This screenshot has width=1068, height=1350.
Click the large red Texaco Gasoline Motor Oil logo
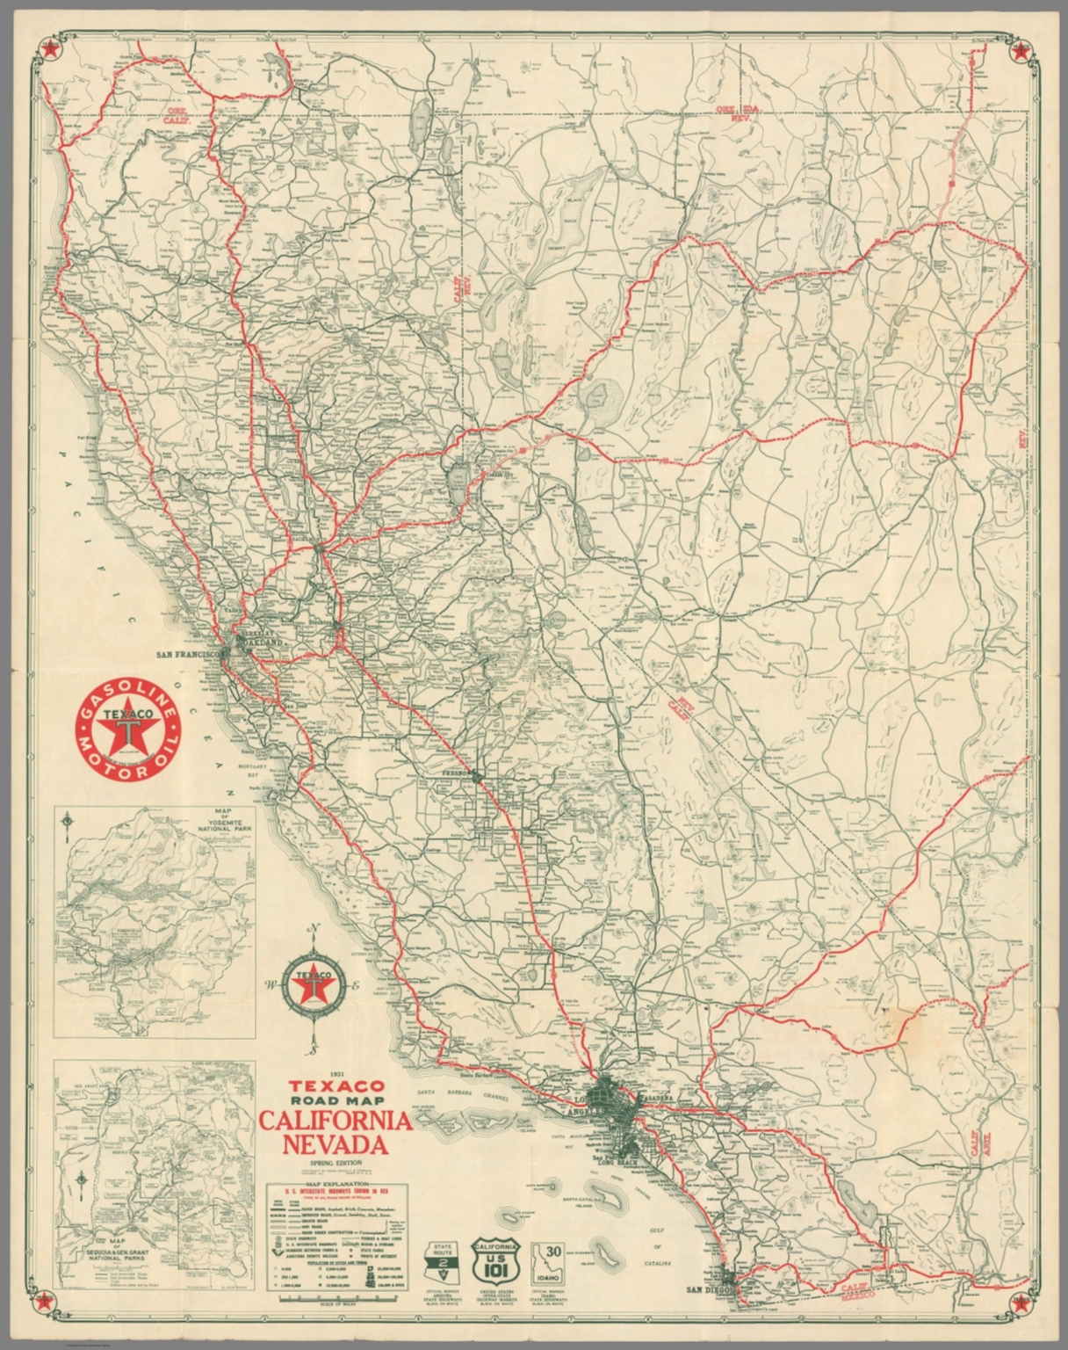(128, 731)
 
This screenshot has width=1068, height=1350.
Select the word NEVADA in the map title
(335, 1145)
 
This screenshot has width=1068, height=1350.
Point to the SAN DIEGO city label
(708, 1315)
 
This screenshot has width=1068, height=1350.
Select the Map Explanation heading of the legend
(335, 1185)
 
